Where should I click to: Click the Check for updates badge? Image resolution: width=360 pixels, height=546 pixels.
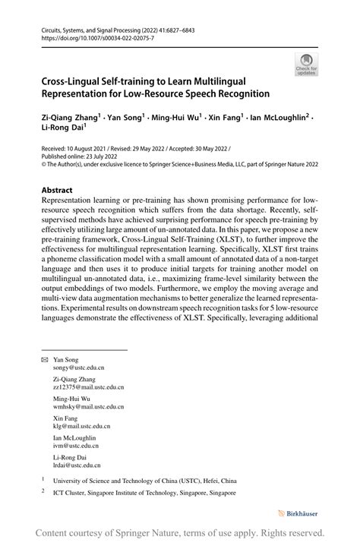coord(306,64)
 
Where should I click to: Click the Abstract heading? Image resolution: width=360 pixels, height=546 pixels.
coord(58,190)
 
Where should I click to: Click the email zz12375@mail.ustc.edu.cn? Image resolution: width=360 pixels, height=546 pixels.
coord(88,387)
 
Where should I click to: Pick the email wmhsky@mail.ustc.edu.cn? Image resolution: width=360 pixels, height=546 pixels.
coord(88,406)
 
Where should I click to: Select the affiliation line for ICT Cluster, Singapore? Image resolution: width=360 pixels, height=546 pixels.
coord(144,493)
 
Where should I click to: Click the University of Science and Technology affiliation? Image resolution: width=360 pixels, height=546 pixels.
coord(144,481)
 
